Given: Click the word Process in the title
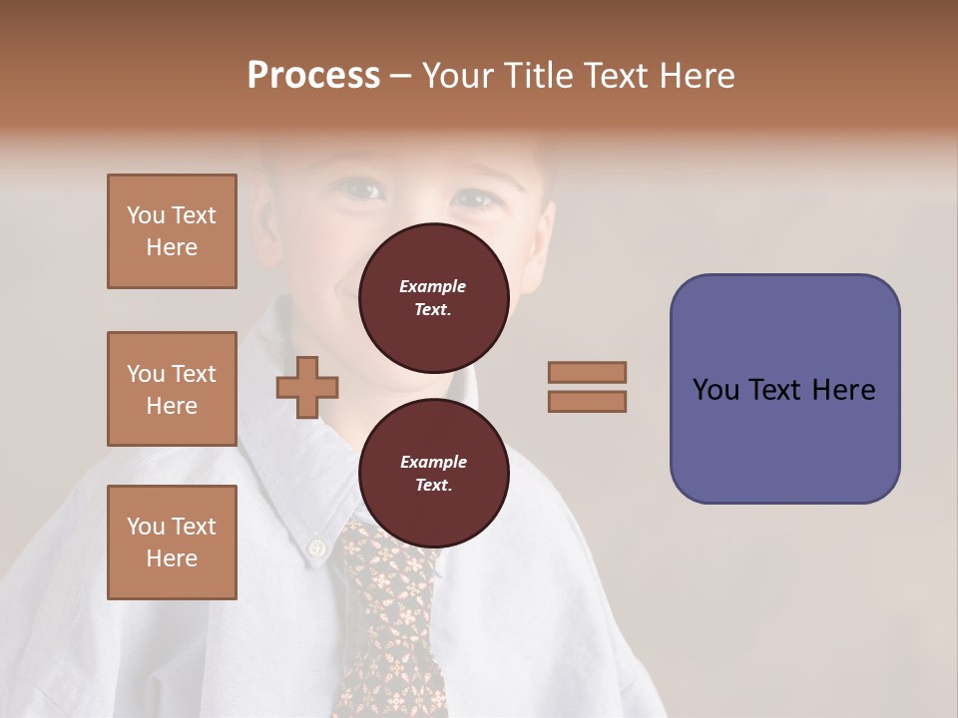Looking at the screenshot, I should [x=313, y=76].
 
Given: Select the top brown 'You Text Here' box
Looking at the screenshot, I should [x=172, y=231].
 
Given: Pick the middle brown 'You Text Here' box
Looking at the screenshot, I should [x=172, y=389].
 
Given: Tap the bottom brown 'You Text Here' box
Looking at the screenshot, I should [x=172, y=541].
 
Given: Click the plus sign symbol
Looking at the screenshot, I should [x=307, y=388].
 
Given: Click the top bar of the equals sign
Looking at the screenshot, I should [x=587, y=372].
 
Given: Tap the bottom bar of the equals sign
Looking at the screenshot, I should [x=587, y=401].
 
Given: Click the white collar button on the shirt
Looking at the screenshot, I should [x=316, y=547].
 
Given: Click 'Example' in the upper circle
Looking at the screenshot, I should [x=433, y=286].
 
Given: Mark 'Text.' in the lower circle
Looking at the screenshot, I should [x=433, y=486].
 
